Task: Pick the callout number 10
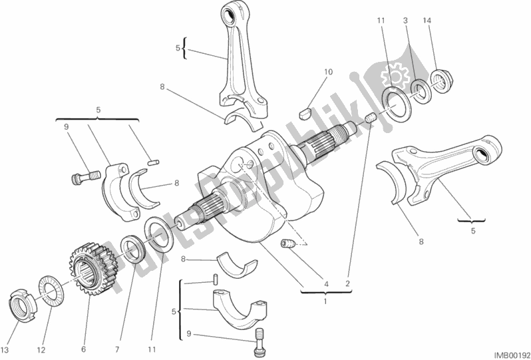coord(328,72)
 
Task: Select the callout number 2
coord(347,284)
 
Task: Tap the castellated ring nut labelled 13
coord(23,303)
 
